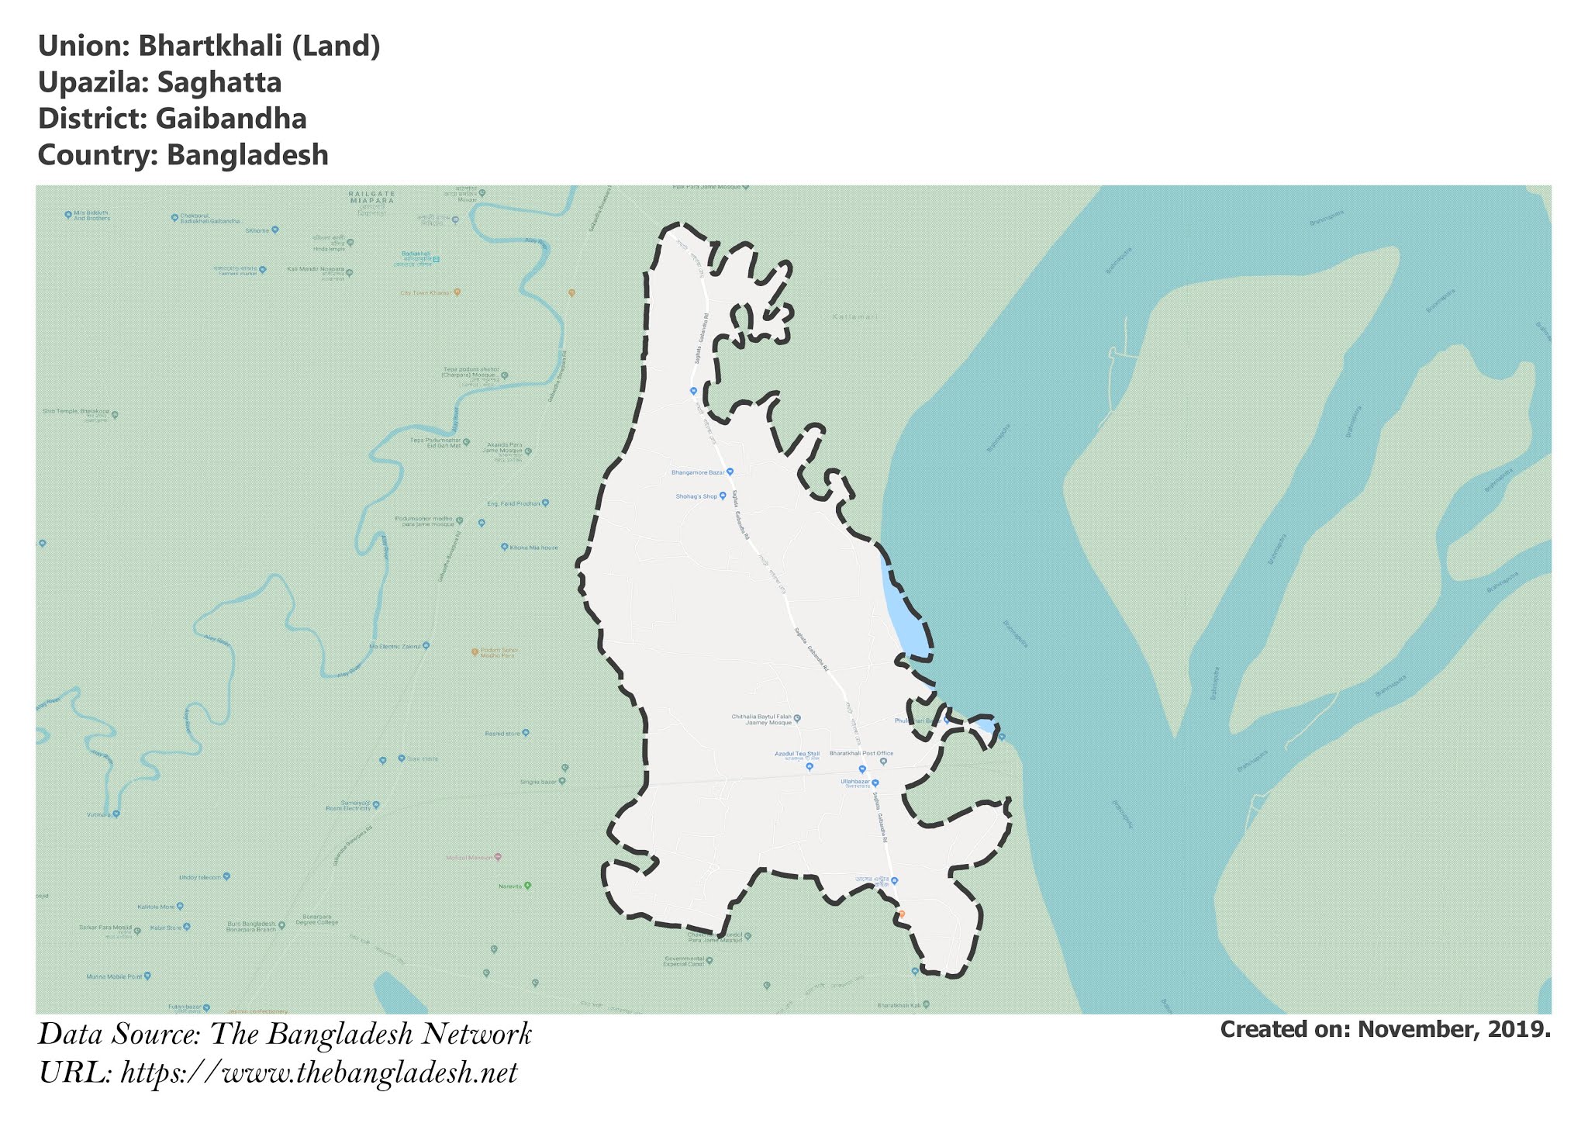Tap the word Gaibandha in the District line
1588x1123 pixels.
(x=231, y=119)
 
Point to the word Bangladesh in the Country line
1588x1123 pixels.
(x=247, y=155)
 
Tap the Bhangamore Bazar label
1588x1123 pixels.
(x=698, y=472)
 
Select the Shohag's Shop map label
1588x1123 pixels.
(x=696, y=496)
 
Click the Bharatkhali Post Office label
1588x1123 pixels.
(x=861, y=753)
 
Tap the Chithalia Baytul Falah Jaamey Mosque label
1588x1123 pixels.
(x=761, y=720)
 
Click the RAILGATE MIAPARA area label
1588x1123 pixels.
(x=371, y=196)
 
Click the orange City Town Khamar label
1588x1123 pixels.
(x=426, y=293)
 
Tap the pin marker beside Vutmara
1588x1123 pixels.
(x=116, y=814)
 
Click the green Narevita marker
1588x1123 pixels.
(x=528, y=886)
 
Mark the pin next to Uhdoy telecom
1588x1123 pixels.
(x=226, y=877)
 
